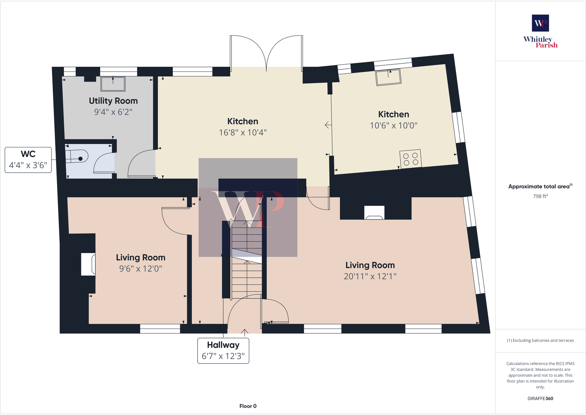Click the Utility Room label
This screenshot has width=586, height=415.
pos(113,101)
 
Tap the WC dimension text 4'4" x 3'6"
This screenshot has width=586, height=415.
pos(28,165)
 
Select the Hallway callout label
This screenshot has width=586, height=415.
pos(223,345)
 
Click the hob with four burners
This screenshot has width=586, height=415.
pos(411,159)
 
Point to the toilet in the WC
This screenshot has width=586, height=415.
pos(78,156)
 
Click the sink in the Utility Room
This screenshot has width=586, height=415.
pos(113,84)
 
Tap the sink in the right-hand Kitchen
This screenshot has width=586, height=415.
pos(388,77)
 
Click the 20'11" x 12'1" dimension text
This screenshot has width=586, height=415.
pos(370,277)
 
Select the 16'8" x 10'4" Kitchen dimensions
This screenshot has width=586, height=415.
pos(243,133)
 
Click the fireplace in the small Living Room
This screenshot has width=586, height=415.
pos(88,264)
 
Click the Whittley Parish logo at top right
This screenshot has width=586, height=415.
pos(540,32)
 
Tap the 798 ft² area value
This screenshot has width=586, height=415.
pos(540,196)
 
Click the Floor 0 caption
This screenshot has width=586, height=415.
pos(248,406)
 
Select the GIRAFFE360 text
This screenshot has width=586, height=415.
pos(540,398)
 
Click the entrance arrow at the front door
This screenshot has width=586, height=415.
pos(244,333)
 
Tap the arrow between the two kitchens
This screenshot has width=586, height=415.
pos(328,125)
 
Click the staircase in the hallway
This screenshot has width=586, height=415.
pos(247,260)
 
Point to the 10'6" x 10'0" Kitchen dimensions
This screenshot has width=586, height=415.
pos(394,126)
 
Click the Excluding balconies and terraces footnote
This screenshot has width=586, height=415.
pos(540,341)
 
